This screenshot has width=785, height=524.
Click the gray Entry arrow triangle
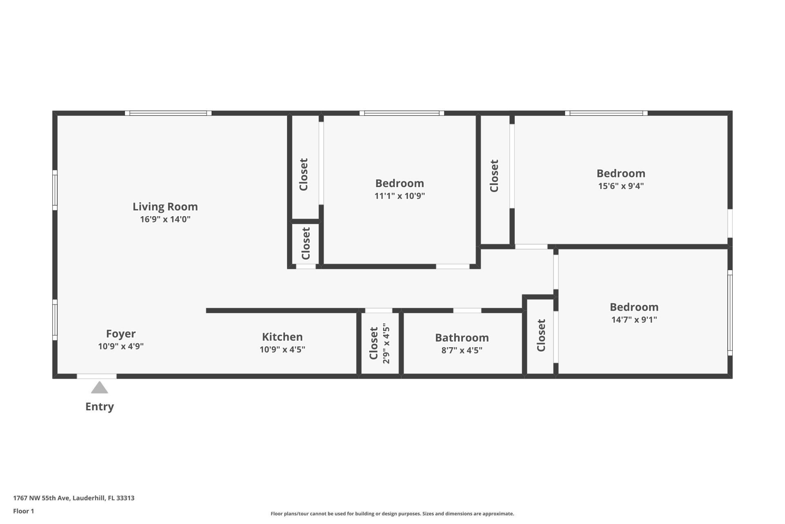[x=99, y=388]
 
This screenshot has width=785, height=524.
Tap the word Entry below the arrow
[x=99, y=407]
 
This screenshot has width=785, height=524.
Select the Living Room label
[x=165, y=207]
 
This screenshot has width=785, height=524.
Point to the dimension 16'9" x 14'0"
[x=165, y=219]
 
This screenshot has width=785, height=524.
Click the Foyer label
[x=121, y=334]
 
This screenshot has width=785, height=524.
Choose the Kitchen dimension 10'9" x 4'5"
[x=282, y=350]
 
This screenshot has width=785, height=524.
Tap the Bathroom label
[x=462, y=338]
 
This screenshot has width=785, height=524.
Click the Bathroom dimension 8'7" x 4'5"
[x=462, y=350]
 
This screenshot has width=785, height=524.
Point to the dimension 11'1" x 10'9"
[x=399, y=196]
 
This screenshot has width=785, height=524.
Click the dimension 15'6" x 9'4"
[x=621, y=186]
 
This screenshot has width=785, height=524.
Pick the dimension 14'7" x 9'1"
[x=634, y=320]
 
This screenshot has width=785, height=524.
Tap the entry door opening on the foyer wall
[x=96, y=376]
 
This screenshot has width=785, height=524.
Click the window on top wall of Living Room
[x=168, y=113]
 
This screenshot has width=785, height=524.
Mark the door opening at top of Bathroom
[x=467, y=311]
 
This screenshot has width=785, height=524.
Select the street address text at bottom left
[x=74, y=498]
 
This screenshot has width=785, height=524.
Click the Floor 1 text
[x=23, y=511]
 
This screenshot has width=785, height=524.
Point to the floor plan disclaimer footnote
[x=392, y=514]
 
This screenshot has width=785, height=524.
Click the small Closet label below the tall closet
[x=306, y=244]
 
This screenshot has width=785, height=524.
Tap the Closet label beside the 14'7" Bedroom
[x=541, y=335]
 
